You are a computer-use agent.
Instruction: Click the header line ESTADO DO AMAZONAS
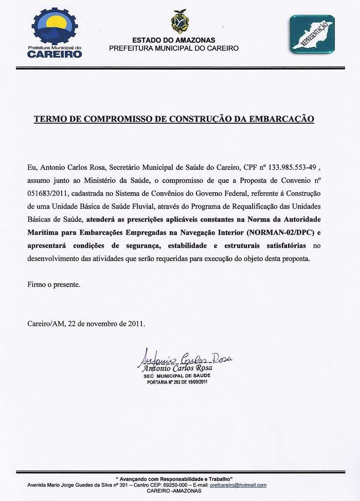tap(174, 40)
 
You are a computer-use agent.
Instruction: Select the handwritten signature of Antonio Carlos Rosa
tap(185, 360)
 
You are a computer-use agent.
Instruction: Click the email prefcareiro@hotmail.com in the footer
tap(239, 485)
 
